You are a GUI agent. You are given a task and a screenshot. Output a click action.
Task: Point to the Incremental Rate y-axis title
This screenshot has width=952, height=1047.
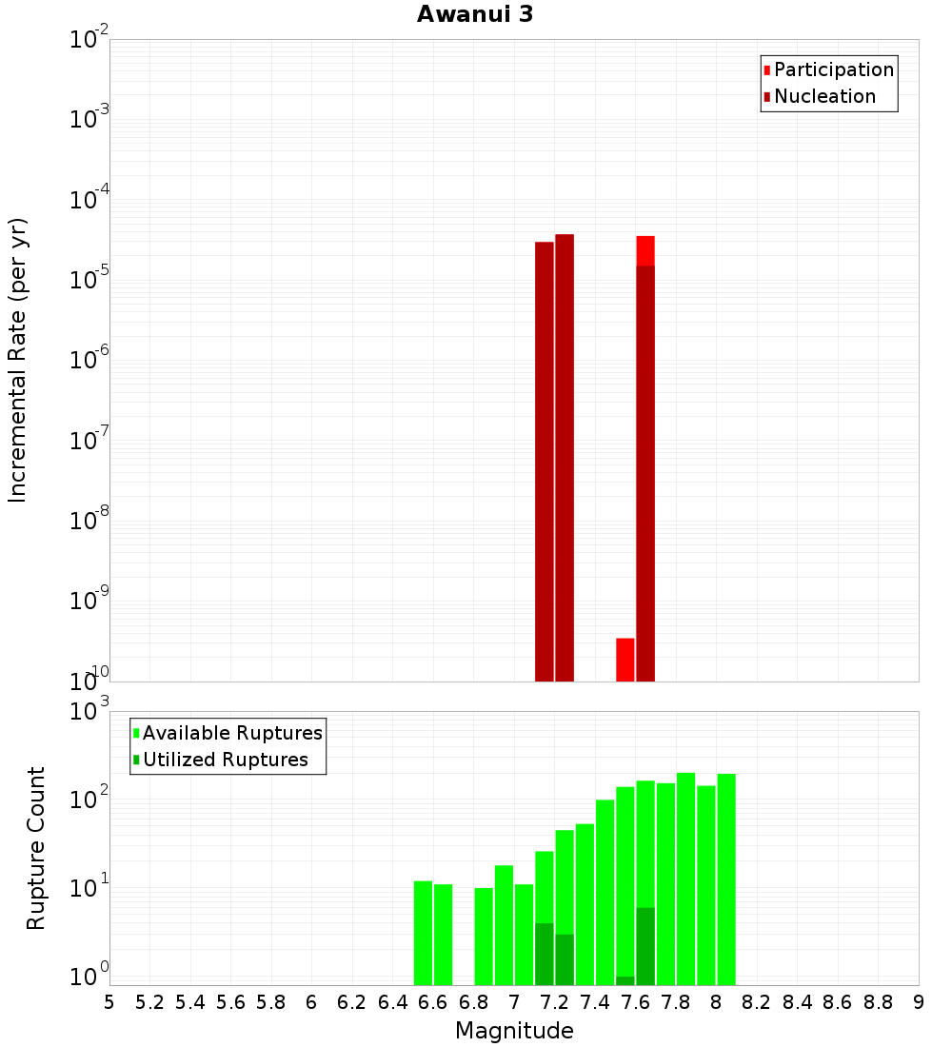click(x=18, y=360)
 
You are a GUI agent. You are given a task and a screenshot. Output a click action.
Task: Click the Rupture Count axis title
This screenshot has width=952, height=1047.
click(x=36, y=848)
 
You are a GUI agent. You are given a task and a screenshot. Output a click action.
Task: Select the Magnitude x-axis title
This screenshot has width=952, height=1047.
click(x=514, y=1031)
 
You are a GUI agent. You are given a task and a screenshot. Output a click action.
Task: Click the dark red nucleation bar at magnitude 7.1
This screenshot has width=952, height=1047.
click(x=545, y=462)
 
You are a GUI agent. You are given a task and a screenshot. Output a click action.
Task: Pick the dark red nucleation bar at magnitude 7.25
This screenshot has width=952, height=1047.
click(x=565, y=457)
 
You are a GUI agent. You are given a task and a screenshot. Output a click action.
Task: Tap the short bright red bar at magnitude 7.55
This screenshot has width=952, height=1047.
click(x=625, y=659)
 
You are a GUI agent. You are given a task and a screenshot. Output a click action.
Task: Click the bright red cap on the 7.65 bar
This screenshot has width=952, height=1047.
click(x=645, y=250)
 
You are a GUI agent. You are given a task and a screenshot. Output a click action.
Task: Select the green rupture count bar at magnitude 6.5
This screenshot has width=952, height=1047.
click(x=424, y=933)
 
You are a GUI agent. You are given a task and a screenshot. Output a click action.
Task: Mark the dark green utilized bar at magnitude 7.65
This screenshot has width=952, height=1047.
click(x=645, y=946)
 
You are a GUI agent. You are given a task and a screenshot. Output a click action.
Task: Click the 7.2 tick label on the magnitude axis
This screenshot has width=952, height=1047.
click(x=554, y=1002)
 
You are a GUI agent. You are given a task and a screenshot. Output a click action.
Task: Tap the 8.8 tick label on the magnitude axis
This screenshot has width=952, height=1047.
click(x=878, y=1002)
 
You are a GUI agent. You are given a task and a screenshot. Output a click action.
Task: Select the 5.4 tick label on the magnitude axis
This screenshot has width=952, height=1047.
click(x=190, y=1002)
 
